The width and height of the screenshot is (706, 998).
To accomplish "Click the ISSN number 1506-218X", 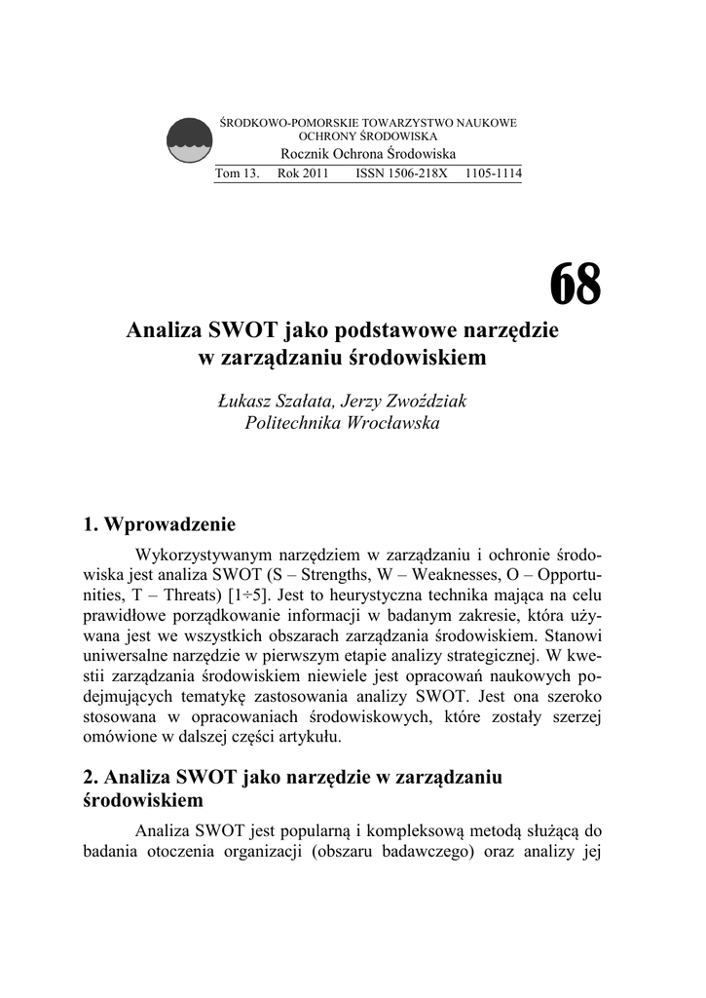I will (x=394, y=174).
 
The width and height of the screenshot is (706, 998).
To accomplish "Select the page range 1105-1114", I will (x=493, y=174).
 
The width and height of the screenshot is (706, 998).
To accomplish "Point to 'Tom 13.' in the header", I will (x=237, y=174).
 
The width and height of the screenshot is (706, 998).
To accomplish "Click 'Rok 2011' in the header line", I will (x=303, y=174).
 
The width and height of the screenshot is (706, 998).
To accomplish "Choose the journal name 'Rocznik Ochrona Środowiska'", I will (x=368, y=155).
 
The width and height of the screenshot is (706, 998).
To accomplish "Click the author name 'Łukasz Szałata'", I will (x=276, y=402).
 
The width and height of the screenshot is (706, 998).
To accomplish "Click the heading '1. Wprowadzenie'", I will (x=160, y=526).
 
